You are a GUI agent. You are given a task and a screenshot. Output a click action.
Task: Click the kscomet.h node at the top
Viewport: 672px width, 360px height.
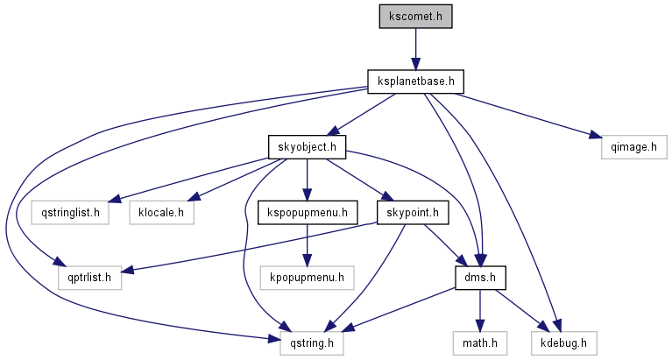[416, 16]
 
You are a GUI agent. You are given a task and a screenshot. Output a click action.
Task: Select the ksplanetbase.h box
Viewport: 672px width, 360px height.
[415, 81]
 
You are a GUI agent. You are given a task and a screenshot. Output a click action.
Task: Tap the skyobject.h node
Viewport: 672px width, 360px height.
[307, 147]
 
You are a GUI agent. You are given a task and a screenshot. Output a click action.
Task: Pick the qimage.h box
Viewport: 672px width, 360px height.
[627, 147]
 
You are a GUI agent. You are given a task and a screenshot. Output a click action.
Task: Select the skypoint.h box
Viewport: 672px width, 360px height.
[413, 212]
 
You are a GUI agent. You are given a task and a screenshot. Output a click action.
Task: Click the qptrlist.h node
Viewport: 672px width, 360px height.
[84, 278]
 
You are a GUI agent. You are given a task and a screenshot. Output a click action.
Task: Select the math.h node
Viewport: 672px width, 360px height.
[479, 342]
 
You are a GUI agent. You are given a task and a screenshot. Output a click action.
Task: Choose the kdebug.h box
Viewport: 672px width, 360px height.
[562, 342]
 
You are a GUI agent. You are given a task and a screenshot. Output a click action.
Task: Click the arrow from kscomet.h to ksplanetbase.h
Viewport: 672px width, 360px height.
[416, 48]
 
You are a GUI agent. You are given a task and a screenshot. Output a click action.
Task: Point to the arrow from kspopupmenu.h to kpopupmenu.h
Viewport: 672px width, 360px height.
[306, 245]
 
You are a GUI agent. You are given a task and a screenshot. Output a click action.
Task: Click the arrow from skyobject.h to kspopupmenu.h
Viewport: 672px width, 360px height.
[307, 180]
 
